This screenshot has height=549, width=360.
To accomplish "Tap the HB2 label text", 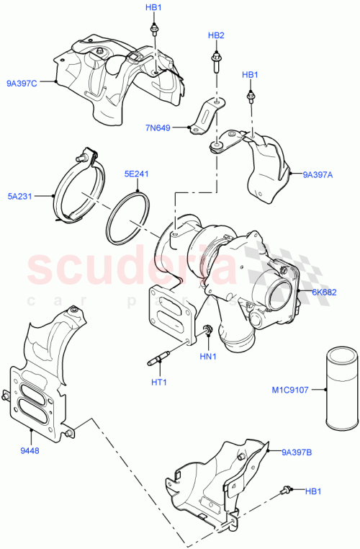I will tap(216, 35).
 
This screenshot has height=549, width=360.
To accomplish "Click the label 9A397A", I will tap(318, 174).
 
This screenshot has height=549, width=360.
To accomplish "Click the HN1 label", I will tap(208, 357).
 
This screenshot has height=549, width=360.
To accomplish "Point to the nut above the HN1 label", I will tap(207, 331).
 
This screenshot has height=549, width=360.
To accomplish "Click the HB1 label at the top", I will tap(154, 7).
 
